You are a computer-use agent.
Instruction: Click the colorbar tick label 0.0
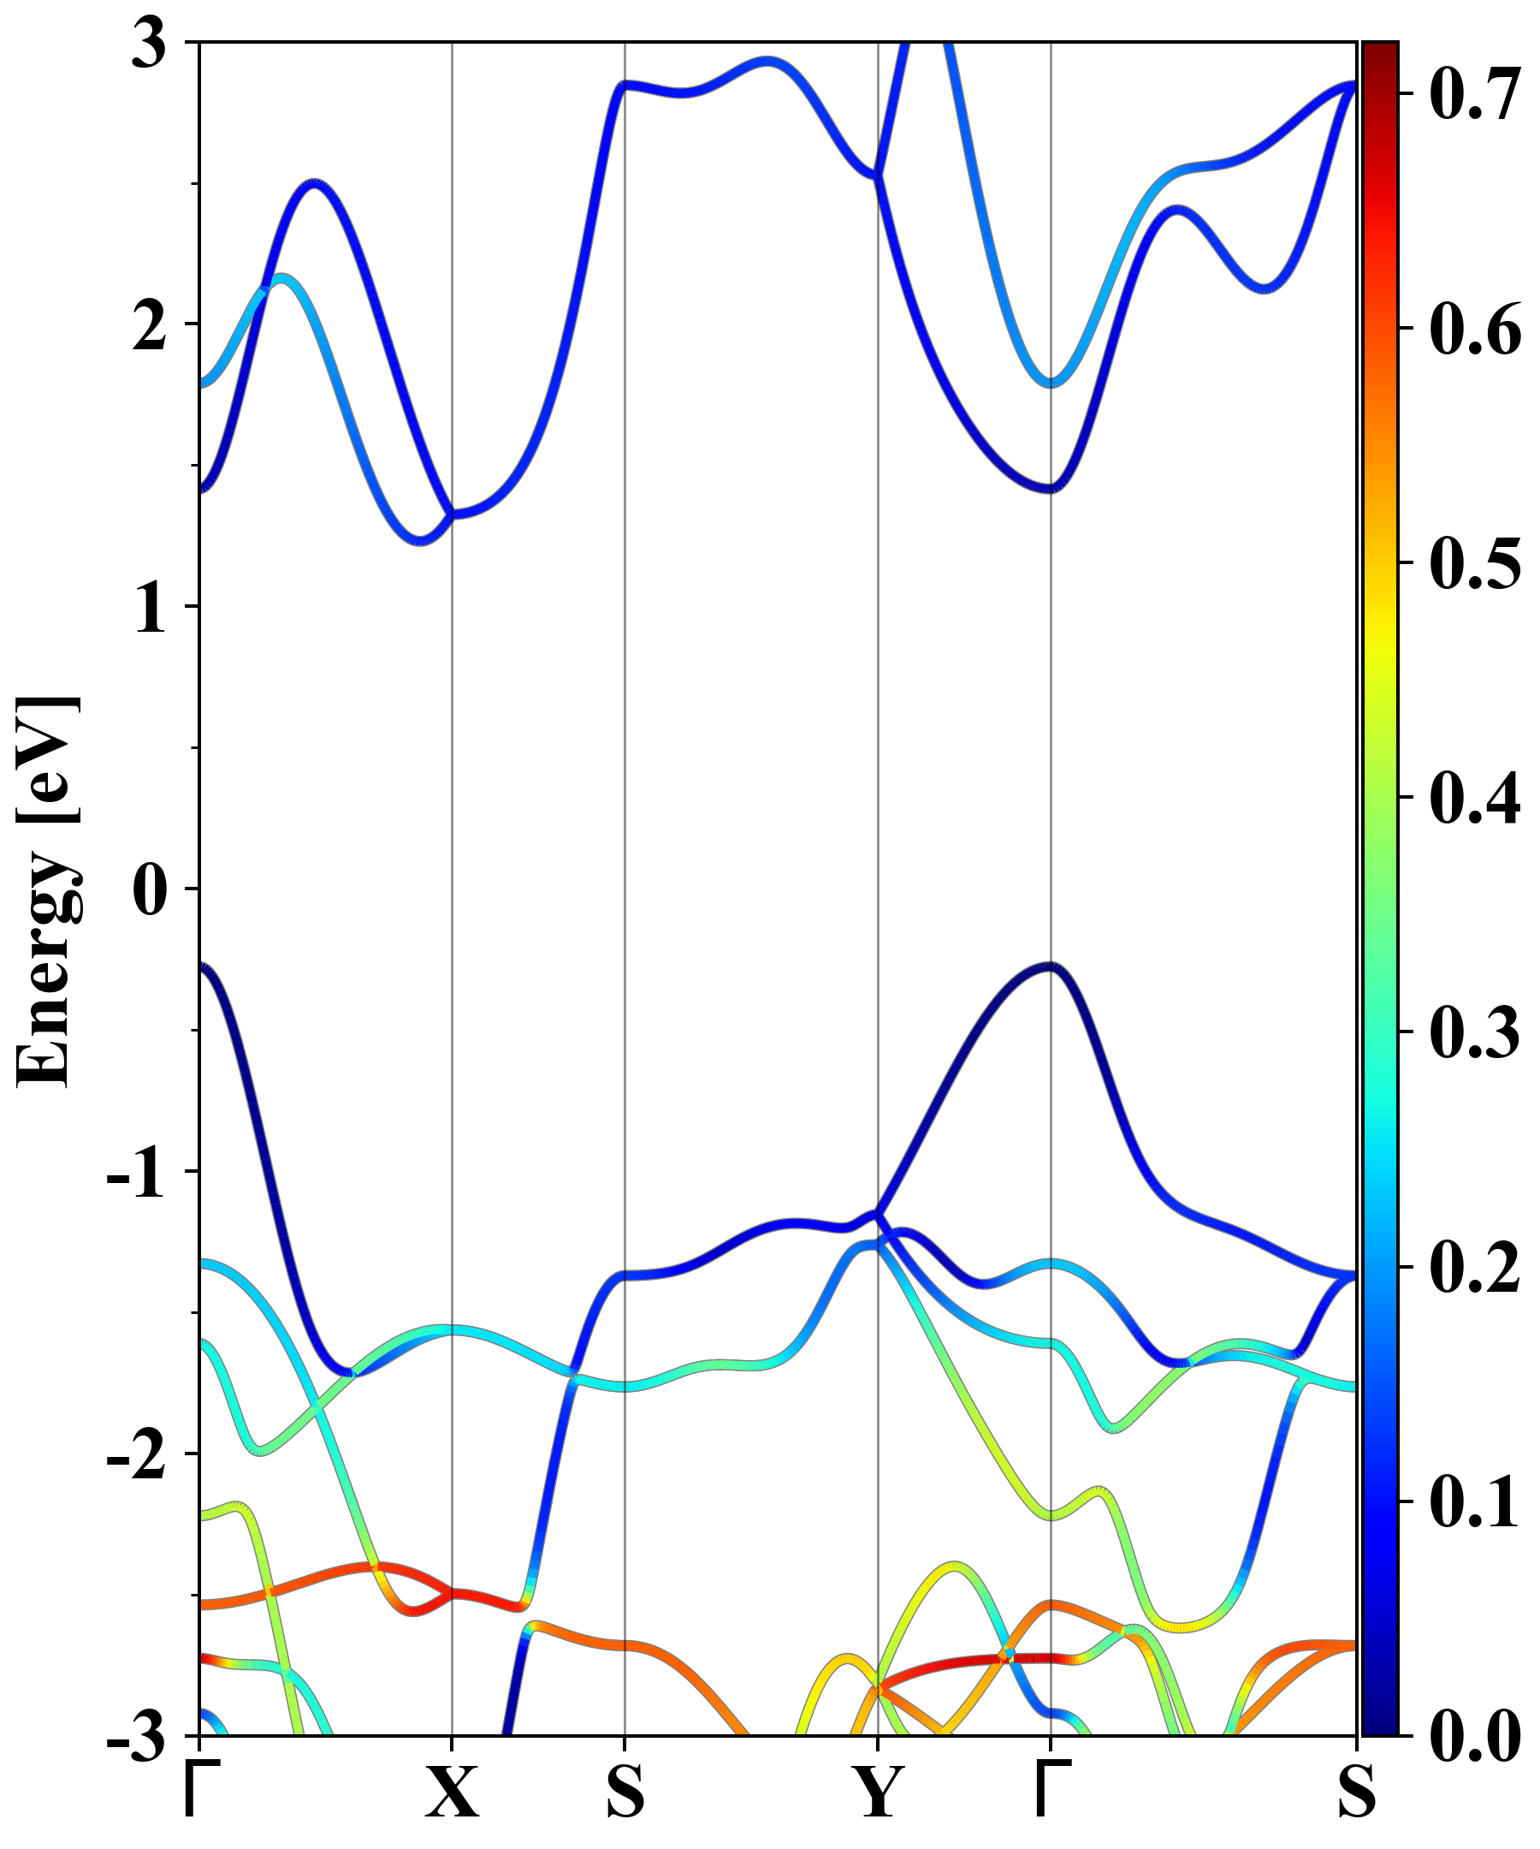point(1474,1735)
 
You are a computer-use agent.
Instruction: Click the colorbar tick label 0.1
point(1474,1501)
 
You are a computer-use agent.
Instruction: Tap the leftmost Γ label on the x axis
point(198,1792)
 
